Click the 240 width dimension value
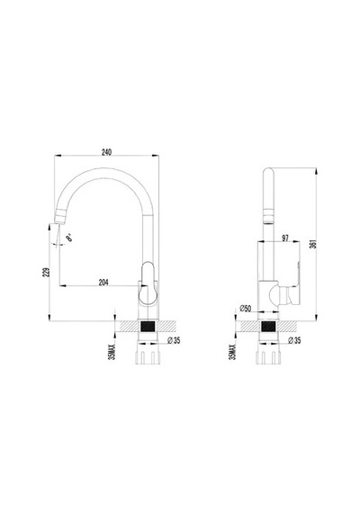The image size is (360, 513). [106, 152]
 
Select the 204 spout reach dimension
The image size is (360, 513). [103, 282]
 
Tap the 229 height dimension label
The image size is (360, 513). [48, 272]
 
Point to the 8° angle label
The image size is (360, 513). [69, 238]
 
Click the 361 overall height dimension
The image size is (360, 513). [312, 244]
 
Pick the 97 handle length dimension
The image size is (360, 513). [285, 238]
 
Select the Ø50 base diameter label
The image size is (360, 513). [245, 308]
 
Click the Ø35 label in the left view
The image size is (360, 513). [174, 340]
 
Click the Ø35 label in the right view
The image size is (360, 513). [294, 340]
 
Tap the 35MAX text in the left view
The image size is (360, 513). [112, 352]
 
